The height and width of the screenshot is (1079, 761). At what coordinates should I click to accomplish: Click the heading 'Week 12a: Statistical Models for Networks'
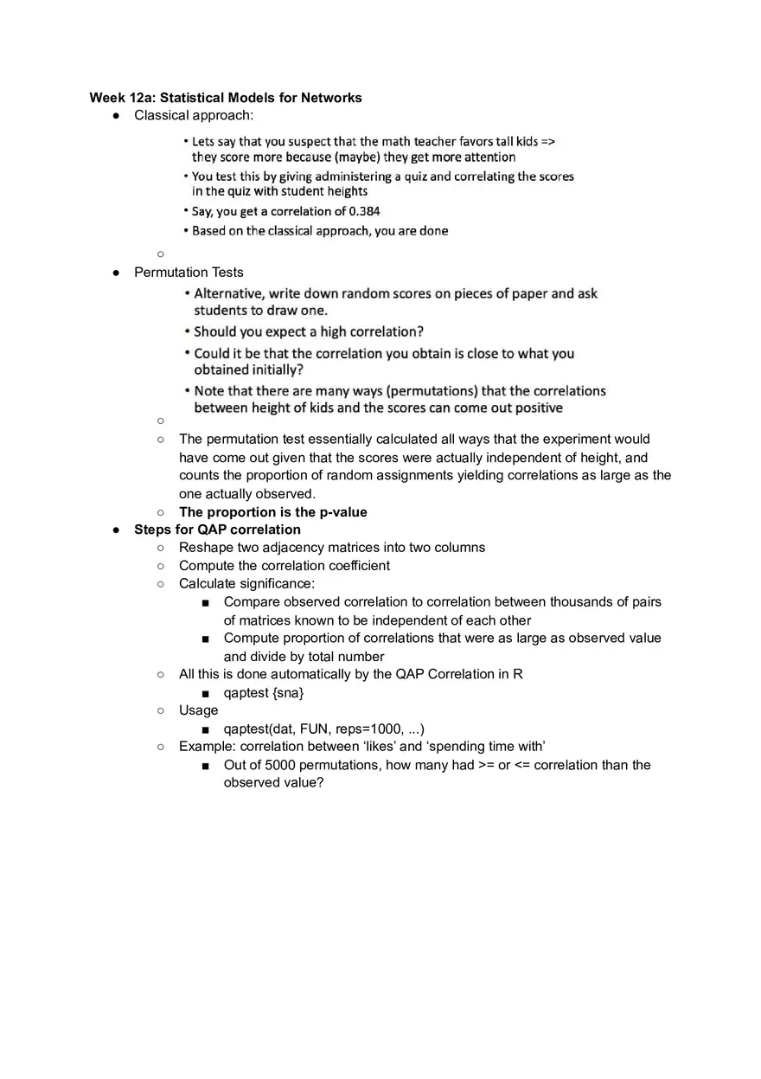coord(226,98)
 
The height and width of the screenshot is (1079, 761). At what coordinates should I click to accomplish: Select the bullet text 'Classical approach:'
coord(194,115)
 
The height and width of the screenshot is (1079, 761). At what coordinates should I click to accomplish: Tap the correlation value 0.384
coord(364,211)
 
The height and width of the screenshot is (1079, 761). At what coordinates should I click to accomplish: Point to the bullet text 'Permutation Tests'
coord(189,272)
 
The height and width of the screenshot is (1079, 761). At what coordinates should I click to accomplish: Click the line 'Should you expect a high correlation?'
coord(308,331)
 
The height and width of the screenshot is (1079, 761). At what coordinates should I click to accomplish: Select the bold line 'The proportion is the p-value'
coord(272,512)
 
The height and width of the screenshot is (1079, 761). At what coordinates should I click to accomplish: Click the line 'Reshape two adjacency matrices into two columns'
coord(332,548)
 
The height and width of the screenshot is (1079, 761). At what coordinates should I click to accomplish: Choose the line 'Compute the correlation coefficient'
coord(284,566)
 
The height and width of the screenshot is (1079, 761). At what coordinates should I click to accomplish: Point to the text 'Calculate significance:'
coord(246,584)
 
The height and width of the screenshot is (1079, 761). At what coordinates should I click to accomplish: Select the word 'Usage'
coord(198,710)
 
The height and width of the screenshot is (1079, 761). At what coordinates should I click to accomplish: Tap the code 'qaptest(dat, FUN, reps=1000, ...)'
coord(323,729)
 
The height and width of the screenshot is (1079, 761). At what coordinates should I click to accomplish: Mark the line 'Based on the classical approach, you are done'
coord(320,231)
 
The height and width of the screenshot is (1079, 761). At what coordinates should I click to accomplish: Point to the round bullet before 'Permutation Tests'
coord(116,273)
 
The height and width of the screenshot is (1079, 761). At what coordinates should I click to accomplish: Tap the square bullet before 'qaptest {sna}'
coord(205,693)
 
